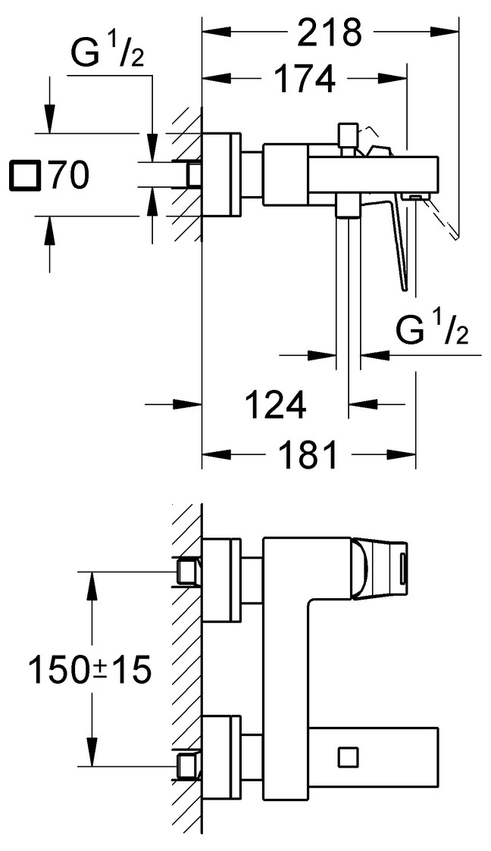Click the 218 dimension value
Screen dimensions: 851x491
328,33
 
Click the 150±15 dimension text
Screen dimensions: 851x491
90,669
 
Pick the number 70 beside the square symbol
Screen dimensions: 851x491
69,176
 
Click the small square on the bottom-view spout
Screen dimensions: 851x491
349,756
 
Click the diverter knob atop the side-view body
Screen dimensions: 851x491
349,136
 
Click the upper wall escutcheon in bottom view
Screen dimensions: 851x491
222,580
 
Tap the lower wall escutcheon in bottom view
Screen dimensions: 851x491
222,755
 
